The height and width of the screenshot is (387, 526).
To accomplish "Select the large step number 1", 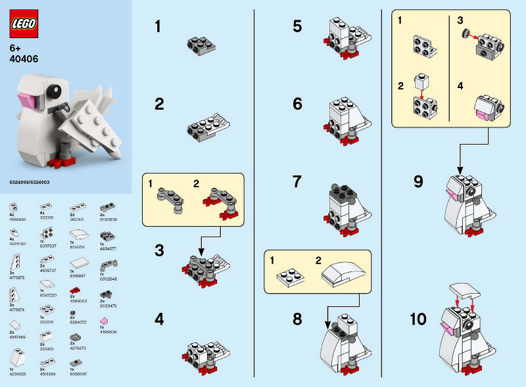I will coord(158,28).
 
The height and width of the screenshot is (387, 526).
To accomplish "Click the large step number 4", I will coord(158,320).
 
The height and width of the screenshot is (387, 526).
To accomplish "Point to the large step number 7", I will coord(297,181).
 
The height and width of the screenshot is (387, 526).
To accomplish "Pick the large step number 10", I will coord(418,320).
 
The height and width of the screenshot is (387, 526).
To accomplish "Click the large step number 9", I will coord(418,182).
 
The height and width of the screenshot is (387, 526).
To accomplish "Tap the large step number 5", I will coord(297,27).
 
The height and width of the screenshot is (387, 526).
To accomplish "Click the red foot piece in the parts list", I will coord(74,290).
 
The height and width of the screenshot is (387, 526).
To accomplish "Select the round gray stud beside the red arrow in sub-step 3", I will coord(466,33).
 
